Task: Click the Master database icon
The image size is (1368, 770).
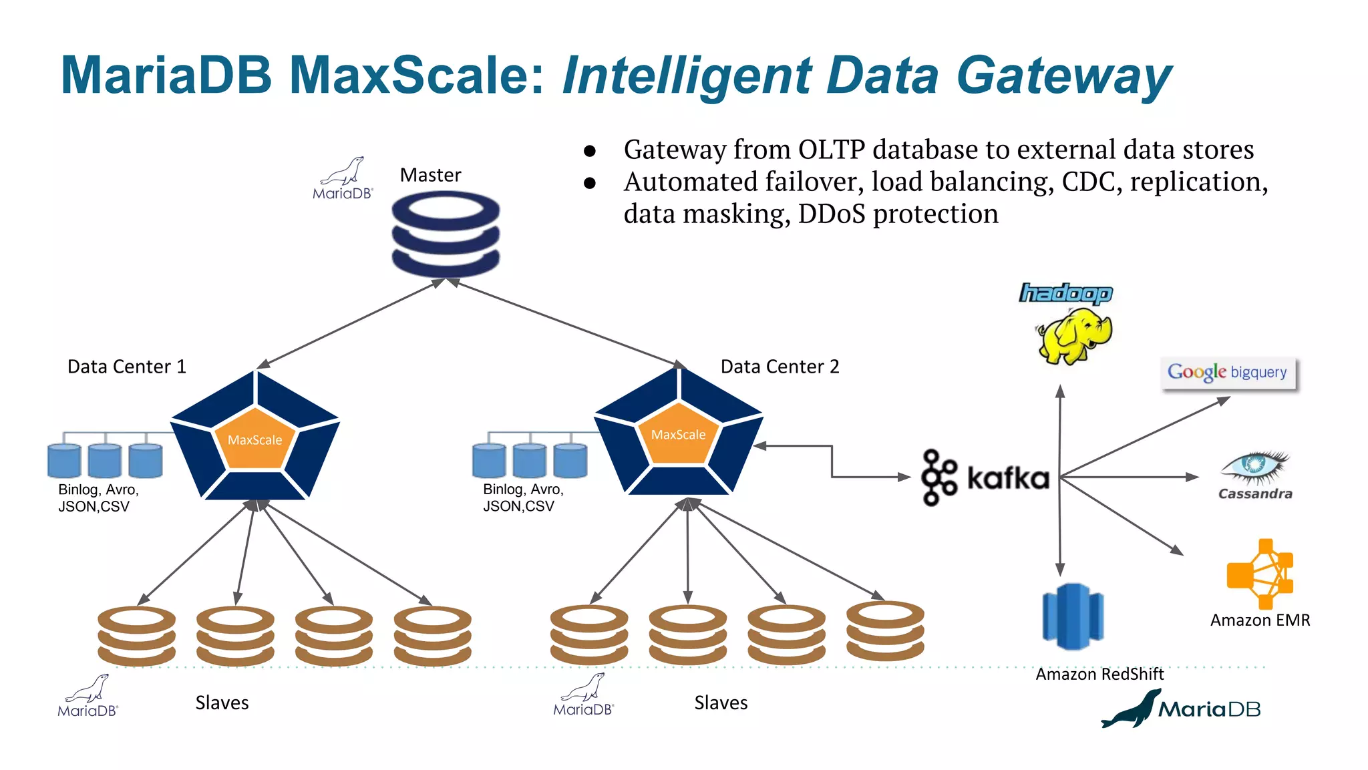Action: coord(446,233)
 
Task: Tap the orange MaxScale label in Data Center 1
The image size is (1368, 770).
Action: coord(254,440)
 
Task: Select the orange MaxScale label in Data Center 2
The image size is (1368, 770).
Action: coord(678,435)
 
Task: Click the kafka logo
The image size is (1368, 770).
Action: coord(985,478)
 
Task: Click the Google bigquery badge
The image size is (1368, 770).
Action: coord(1228,373)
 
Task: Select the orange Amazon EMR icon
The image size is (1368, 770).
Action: coord(1260,574)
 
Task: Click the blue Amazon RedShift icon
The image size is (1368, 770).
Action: coord(1073,616)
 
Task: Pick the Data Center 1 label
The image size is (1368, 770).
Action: coord(126,367)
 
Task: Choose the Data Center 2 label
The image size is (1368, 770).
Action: coord(780,367)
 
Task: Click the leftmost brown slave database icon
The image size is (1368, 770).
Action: coord(136,636)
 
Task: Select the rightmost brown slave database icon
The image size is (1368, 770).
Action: coord(885,632)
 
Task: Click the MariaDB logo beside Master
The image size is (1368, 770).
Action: coord(343,179)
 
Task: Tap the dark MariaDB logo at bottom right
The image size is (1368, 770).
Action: coord(1181,709)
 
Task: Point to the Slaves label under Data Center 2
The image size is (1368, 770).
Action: coord(720,703)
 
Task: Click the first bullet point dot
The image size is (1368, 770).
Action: coord(589,151)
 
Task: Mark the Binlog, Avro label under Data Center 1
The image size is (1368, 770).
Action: coord(98,498)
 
